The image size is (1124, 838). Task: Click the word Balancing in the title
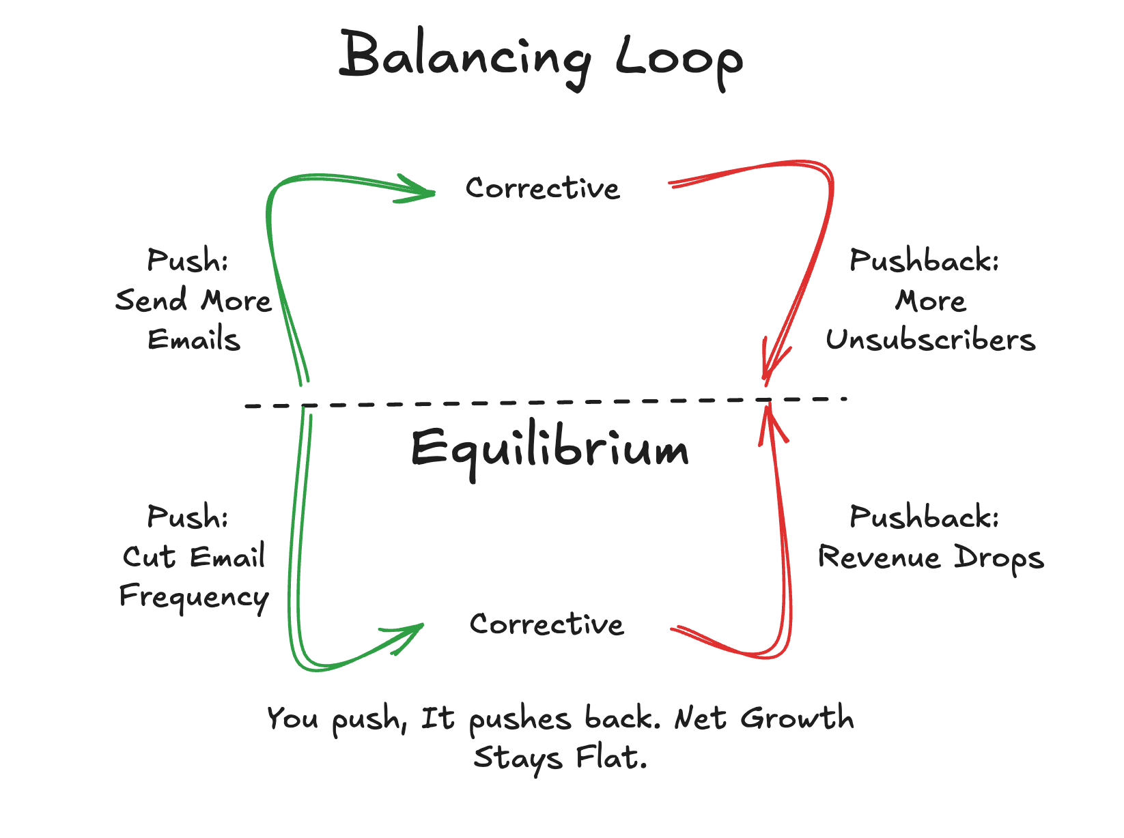click(464, 58)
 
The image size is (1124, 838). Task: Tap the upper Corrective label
click(543, 188)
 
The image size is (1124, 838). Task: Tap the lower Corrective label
click(546, 624)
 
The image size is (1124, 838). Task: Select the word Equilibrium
click(550, 450)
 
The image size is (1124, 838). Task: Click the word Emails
click(194, 340)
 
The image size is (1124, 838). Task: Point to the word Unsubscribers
click(930, 340)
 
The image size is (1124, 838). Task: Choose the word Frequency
click(194, 597)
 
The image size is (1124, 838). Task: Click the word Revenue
click(880, 558)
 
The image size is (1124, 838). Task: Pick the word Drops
click(999, 559)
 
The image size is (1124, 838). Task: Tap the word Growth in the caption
click(797, 718)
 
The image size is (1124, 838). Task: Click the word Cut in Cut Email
click(149, 557)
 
